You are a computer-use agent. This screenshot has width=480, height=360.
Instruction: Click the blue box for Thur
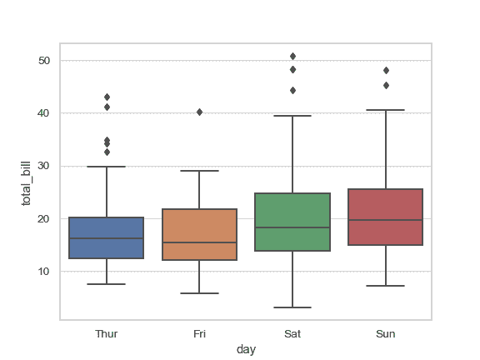point(107,238)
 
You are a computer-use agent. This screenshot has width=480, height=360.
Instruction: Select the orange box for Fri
point(200,234)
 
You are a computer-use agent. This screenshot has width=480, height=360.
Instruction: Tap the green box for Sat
point(292,222)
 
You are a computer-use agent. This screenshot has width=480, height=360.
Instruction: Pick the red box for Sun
point(386,217)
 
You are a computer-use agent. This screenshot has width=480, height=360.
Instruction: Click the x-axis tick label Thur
point(107,333)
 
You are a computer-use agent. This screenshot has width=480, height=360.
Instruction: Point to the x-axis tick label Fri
point(200,333)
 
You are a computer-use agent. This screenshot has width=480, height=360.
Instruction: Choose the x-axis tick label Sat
point(292,333)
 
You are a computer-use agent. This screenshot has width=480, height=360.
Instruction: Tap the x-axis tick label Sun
point(386,333)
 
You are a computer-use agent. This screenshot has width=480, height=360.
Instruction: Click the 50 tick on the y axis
point(44,61)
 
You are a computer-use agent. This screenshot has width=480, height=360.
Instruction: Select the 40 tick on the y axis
point(44,113)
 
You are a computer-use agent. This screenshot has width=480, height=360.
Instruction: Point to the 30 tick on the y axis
point(44,166)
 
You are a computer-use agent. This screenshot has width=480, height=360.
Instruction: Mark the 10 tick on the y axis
point(44,272)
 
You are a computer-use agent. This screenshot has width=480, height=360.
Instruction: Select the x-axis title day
point(246,350)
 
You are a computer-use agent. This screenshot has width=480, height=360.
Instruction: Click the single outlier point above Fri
point(200,112)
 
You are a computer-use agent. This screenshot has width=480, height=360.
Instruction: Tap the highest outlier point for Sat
point(292,57)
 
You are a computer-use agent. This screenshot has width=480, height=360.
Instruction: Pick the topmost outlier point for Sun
point(386,70)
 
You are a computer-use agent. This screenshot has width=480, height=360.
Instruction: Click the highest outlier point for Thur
point(107,97)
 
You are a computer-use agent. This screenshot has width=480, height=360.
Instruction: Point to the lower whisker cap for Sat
point(292,307)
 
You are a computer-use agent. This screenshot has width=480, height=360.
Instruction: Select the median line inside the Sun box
point(386,220)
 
